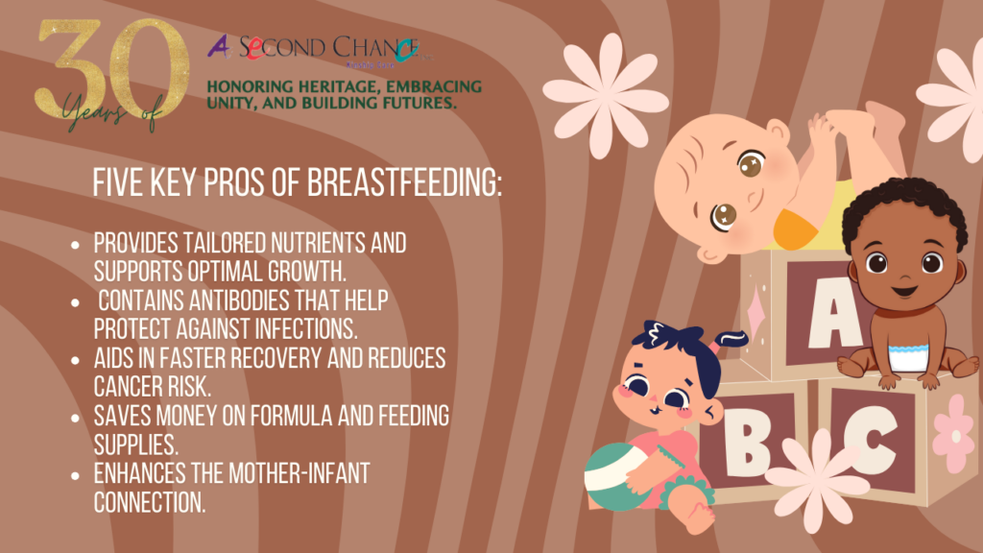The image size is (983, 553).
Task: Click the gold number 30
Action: [113, 69]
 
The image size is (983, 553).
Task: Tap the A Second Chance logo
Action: [320, 50]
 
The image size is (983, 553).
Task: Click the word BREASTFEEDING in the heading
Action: [404, 183]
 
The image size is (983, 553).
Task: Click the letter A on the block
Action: [835, 312]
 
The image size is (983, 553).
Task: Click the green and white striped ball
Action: [619, 476]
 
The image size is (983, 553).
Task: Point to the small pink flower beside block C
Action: [954, 434]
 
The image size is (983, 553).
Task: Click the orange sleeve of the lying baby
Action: [794, 228]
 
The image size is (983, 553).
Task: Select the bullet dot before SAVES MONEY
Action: [75, 418]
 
